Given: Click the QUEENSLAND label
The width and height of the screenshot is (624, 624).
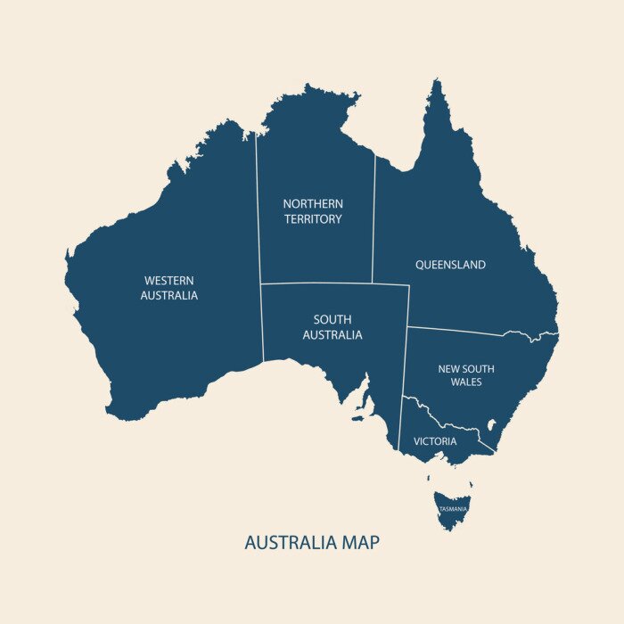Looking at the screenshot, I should click(x=450, y=265).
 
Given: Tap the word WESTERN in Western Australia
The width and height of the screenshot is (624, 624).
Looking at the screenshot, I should click(x=168, y=281).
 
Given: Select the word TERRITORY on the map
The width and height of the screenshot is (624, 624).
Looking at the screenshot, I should click(x=313, y=219).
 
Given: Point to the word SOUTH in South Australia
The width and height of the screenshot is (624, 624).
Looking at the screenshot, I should click(x=333, y=319).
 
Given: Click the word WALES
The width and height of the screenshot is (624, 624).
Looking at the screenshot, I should click(x=465, y=382).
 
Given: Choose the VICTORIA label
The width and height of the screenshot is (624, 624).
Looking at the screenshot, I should click(x=435, y=441).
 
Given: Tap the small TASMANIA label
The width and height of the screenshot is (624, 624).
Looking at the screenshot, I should click(x=453, y=509).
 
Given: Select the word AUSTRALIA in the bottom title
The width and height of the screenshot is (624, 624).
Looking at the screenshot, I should click(x=287, y=542).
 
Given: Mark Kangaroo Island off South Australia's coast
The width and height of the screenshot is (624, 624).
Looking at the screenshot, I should click(x=360, y=415).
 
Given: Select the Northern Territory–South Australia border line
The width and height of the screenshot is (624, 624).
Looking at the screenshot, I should click(x=334, y=284).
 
